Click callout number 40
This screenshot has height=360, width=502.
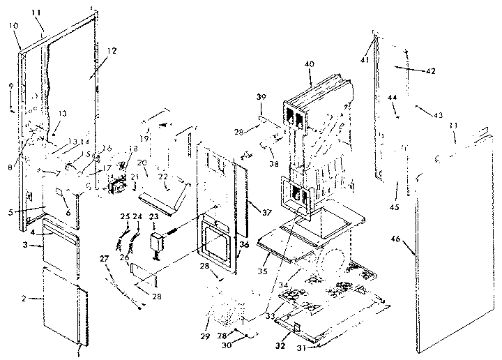309,64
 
